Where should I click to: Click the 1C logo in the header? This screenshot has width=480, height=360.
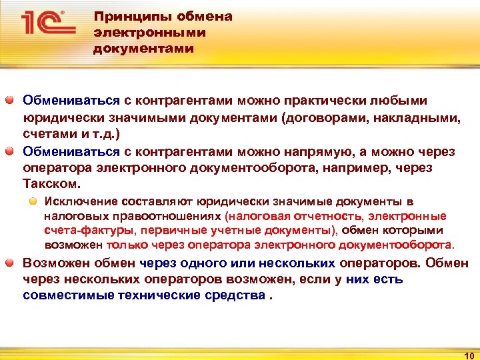(46, 25)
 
